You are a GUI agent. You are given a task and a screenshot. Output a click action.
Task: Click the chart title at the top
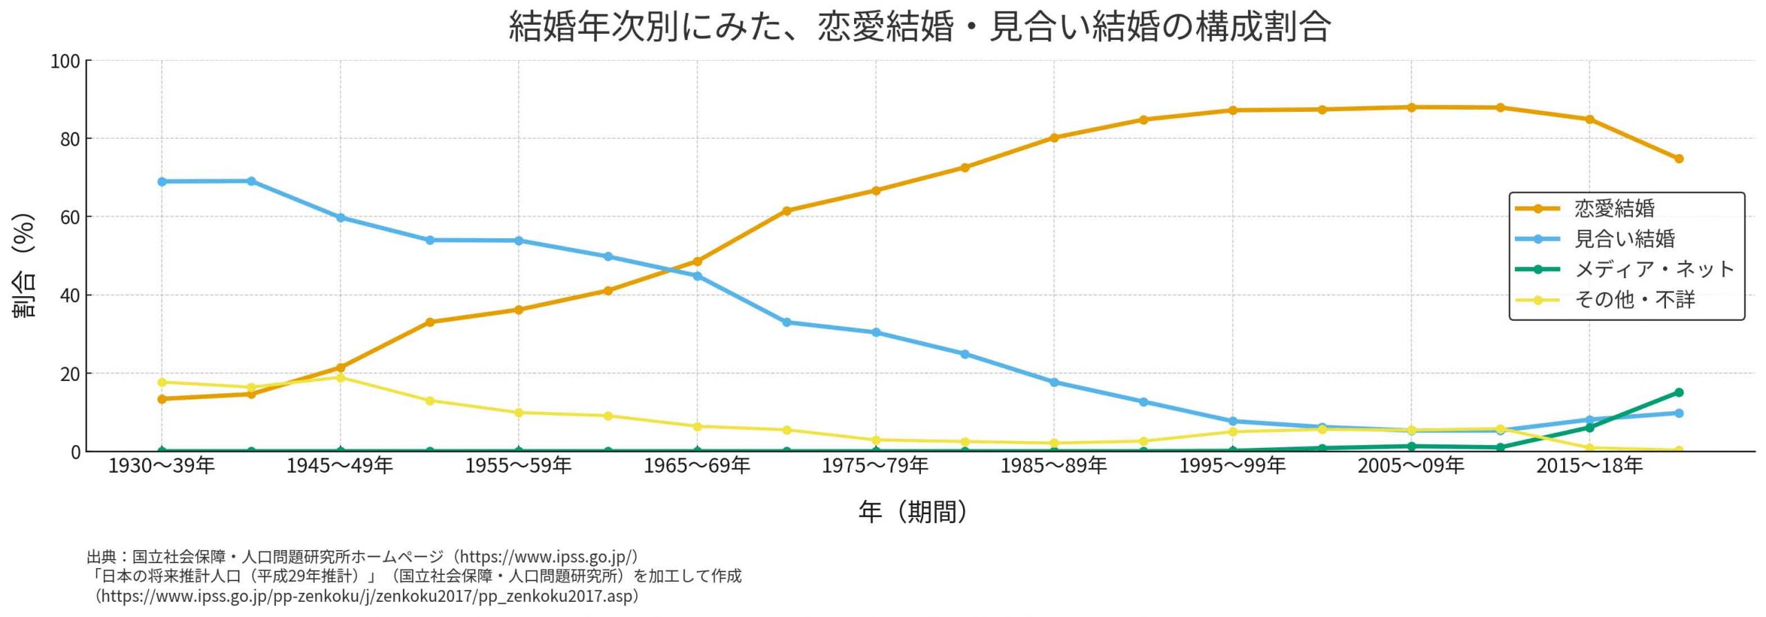[x=920, y=28]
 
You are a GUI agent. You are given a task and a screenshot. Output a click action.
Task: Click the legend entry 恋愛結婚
[x=1614, y=208]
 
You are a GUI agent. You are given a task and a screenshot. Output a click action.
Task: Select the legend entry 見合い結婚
[x=1624, y=239]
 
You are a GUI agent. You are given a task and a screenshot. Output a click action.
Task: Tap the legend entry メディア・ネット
[x=1654, y=269]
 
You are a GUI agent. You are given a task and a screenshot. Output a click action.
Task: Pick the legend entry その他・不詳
[x=1634, y=300]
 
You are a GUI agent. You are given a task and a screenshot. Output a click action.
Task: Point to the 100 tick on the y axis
[x=65, y=61]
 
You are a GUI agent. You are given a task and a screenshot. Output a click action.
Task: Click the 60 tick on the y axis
[x=70, y=217]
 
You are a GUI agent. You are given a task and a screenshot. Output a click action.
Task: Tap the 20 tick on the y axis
[x=70, y=374]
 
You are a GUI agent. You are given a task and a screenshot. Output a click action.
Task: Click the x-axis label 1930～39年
[x=161, y=467]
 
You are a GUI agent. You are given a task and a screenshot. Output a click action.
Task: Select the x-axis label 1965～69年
[x=697, y=467]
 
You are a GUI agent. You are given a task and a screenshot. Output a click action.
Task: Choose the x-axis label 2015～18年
[x=1589, y=467]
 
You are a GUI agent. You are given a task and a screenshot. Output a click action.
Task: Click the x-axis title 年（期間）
[x=913, y=511]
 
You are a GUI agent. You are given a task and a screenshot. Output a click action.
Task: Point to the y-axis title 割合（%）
[x=23, y=265]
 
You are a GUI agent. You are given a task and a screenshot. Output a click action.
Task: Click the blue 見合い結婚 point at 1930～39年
[x=162, y=182]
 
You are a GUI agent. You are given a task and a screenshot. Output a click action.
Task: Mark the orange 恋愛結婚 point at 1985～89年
[x=1054, y=137]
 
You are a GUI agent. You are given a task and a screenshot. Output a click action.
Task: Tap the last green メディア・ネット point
[x=1679, y=393]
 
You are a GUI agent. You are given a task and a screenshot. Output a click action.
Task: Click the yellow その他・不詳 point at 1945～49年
[x=340, y=378]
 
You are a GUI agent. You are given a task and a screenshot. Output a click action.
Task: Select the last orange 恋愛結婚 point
[x=1679, y=159]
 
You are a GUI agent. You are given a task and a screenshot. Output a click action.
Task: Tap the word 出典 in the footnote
[x=102, y=557]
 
